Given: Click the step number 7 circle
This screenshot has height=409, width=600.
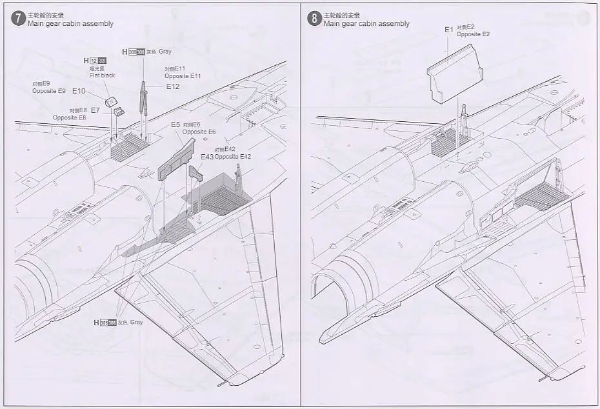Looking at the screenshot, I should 18,18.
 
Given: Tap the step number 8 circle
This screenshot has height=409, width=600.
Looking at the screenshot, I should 314,19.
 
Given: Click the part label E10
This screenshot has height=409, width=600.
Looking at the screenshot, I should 79,91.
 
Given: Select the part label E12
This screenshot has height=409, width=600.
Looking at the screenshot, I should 173,86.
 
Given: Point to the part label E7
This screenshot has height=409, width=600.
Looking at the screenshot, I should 95,110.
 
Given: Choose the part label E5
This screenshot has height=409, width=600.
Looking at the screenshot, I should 175,125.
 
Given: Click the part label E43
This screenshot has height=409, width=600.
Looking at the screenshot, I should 206,157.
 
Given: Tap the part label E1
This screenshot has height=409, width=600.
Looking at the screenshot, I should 449,30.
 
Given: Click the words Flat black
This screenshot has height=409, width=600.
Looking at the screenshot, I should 102,75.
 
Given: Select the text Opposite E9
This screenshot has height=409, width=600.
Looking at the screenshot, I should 48,91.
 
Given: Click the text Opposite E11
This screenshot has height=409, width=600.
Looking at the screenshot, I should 183,76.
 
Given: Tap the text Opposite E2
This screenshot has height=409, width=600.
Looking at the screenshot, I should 473,34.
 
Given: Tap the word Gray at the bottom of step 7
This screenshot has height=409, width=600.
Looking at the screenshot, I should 135,322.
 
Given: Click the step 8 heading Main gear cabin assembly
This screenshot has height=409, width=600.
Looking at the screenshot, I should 366,24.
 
